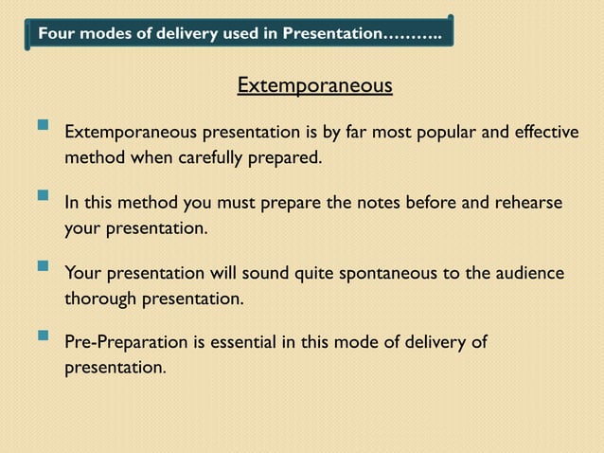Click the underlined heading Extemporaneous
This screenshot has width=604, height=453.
tap(314, 87)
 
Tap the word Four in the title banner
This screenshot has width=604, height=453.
tap(54, 34)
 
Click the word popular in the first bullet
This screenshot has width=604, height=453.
tap(448, 130)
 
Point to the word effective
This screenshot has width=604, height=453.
tap(543, 130)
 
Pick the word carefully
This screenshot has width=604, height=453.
tap(214, 156)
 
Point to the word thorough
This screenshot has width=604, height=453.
tap(100, 299)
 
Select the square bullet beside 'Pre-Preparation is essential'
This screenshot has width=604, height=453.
tap(42, 335)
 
